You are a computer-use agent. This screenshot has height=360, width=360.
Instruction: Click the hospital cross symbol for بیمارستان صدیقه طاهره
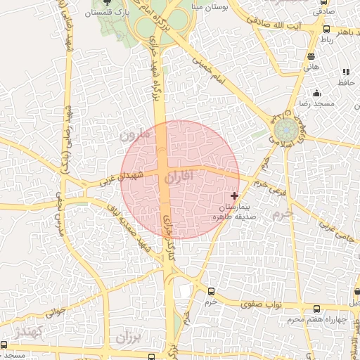[x=234, y=195]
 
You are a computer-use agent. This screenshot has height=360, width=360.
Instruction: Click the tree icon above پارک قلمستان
[x=107, y=3]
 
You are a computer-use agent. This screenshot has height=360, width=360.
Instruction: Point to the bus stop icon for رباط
[x=326, y=30]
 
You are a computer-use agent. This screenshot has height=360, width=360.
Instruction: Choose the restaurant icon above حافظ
[x=345, y=72]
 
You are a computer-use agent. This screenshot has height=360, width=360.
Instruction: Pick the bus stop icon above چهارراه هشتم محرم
[x=316, y=309]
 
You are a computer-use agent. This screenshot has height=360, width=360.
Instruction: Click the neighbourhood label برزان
[x=129, y=338]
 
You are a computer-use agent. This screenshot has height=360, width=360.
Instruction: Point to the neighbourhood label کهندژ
[x=30, y=332]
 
